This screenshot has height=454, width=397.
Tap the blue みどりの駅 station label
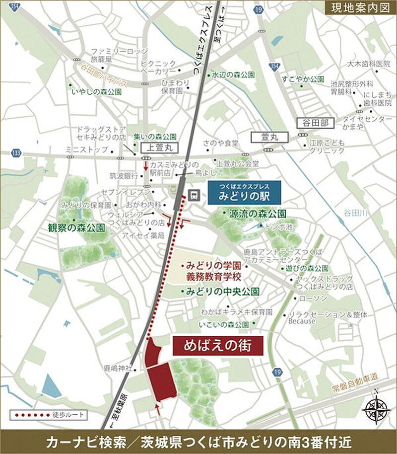click(x=244, y=193)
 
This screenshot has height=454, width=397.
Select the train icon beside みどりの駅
click(x=195, y=194)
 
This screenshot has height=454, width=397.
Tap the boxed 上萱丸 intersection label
click(x=155, y=147)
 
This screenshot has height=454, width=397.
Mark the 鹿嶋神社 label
click(x=118, y=369)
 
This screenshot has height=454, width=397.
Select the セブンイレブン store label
click(x=119, y=191)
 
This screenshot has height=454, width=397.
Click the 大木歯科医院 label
click(x=369, y=64)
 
